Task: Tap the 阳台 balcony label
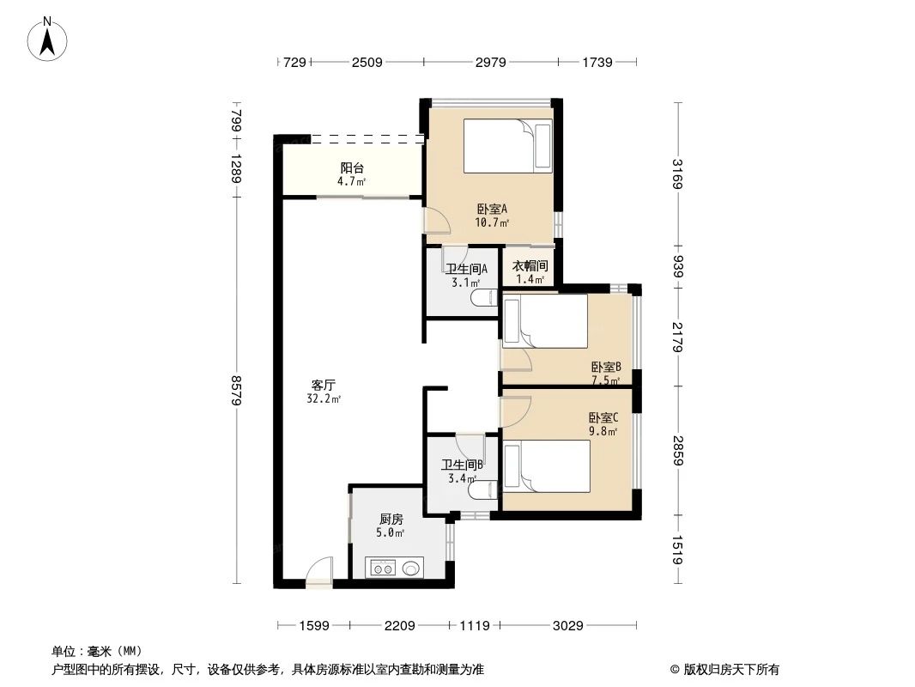[x=352, y=168]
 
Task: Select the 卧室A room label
[x=492, y=209]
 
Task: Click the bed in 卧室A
[x=508, y=146]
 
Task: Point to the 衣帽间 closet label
[x=530, y=266]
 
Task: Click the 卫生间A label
[x=466, y=268]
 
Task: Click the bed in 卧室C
[x=547, y=466]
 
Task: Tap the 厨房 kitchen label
[x=391, y=520]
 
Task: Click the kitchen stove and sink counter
[x=394, y=567]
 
